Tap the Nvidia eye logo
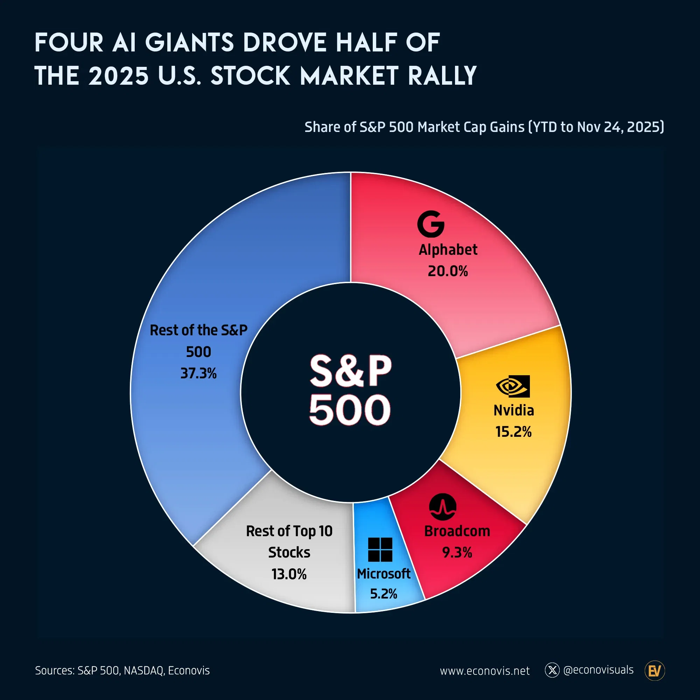pos(513,386)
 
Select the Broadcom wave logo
pos(442,506)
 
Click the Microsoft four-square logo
pos(380,549)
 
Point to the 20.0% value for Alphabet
pos(448,271)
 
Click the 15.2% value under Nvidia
pos(513,432)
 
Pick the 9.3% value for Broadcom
pos(457,552)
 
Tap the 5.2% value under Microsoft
pos(383,594)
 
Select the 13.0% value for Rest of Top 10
pos(289,574)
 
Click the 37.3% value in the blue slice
pos(198,373)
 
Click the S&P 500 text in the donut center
pos(350,390)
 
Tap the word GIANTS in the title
pos(189,43)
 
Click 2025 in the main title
pos(118,76)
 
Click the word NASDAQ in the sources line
pos(143,670)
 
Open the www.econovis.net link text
pos(484,671)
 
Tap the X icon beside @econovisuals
pos(552,670)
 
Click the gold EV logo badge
pos(654,671)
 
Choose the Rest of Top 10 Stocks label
pos(289,542)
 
